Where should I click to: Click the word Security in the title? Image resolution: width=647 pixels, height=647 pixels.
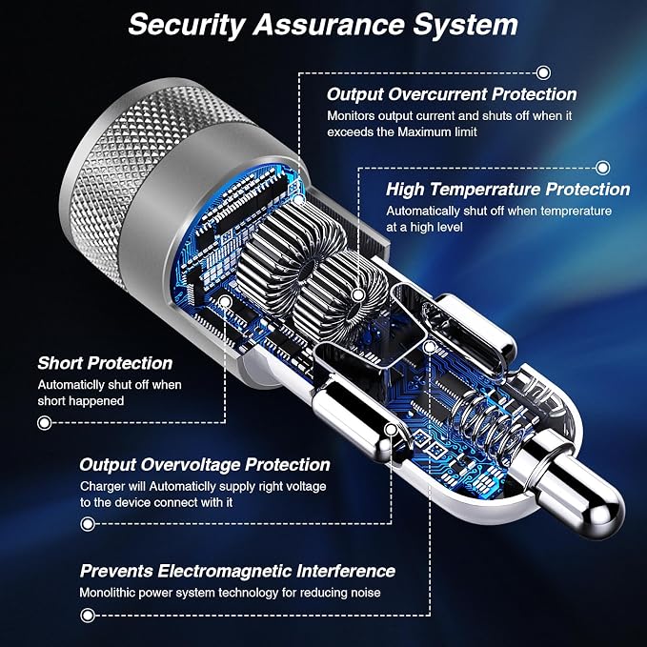[187, 26]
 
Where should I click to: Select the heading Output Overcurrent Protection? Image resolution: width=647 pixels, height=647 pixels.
[452, 94]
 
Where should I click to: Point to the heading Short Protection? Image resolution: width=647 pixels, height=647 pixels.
[105, 363]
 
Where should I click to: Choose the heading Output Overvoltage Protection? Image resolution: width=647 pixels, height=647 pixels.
[205, 465]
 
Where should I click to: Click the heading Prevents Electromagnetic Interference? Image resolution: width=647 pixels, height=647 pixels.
[237, 571]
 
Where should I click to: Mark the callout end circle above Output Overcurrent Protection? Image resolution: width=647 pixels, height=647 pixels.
[543, 73]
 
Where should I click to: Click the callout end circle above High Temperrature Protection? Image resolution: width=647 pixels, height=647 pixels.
[603, 168]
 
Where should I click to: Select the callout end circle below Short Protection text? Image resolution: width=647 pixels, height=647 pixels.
[44, 422]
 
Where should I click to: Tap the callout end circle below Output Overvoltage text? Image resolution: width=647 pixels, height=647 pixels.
[88, 524]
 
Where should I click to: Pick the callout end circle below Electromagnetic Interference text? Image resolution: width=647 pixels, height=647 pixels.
[87, 616]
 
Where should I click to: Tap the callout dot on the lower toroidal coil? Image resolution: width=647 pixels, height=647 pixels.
[358, 295]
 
